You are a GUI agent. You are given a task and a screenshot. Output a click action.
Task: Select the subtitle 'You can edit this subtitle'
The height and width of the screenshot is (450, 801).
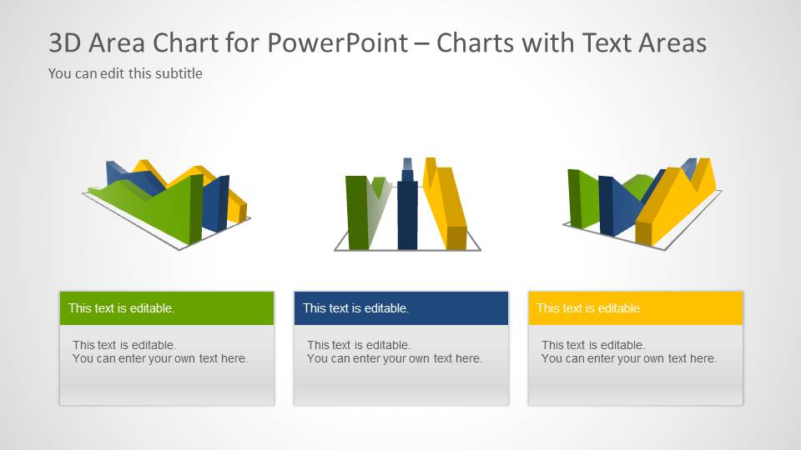(x=125, y=73)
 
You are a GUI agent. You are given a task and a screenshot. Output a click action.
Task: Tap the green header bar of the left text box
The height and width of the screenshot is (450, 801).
(x=225, y=307)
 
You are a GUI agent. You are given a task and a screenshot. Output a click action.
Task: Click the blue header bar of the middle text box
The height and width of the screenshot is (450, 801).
(x=459, y=307)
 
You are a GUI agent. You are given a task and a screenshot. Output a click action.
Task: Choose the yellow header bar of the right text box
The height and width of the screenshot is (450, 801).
(x=693, y=307)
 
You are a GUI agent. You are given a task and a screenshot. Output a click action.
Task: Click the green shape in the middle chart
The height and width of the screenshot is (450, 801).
(x=356, y=212)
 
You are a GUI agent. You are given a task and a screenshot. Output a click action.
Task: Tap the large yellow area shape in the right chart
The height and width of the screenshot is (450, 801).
(x=676, y=204)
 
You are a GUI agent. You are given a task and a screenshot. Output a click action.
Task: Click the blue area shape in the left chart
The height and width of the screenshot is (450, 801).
(x=214, y=204)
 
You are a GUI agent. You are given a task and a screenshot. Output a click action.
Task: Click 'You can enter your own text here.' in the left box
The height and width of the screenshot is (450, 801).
(x=160, y=358)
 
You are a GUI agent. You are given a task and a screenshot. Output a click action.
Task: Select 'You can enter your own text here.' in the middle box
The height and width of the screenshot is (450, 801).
(x=395, y=358)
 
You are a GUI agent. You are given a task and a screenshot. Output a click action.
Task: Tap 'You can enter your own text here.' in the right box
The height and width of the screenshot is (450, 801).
(x=629, y=358)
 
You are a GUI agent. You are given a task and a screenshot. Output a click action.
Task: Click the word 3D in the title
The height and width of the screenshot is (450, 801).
(x=65, y=43)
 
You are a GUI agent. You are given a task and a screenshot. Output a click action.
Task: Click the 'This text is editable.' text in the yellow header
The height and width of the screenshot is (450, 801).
(x=589, y=308)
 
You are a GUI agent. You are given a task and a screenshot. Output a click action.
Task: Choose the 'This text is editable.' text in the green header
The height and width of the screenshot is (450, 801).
(x=121, y=308)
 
